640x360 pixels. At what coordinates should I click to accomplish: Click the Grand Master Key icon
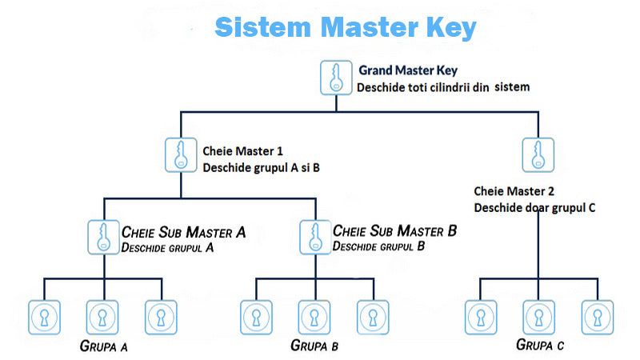point(336,77)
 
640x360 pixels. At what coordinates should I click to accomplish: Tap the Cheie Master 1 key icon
point(182,154)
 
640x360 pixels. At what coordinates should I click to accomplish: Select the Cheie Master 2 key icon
point(538,154)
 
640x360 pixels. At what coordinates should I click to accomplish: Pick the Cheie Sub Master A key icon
point(102,237)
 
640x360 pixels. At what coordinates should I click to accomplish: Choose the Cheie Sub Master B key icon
point(314,237)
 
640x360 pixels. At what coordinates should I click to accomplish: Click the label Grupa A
point(104,346)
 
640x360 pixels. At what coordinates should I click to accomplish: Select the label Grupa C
point(540,346)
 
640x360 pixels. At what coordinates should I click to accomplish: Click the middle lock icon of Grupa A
point(102,317)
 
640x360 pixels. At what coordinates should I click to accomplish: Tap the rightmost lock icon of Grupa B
point(372,317)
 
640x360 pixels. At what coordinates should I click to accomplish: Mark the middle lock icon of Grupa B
point(314,317)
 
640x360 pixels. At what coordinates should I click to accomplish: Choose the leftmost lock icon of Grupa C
point(480,317)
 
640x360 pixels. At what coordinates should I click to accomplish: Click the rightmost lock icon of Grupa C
point(597,317)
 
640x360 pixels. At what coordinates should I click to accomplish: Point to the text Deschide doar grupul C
point(534,207)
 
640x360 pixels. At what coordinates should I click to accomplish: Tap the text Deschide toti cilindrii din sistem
point(443,86)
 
